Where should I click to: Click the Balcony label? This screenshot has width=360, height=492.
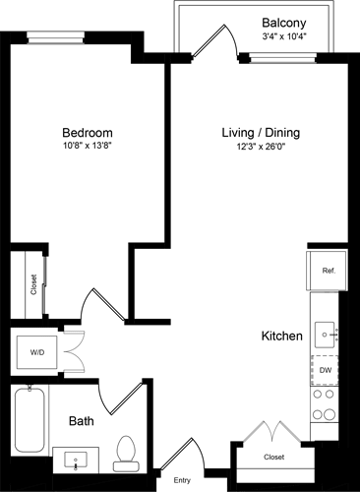pos(287,22)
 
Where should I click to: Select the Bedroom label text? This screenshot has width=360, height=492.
pos(87,133)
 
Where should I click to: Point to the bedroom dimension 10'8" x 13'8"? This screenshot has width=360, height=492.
pos(87,148)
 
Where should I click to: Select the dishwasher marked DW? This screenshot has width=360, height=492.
pos(326,369)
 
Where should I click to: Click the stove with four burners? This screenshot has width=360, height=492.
pos(326,405)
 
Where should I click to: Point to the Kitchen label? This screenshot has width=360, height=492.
pos(280,337)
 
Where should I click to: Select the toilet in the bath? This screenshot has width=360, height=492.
pos(125,453)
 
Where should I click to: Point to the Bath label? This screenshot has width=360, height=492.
pos(81,421)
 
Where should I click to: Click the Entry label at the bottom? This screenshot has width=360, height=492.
pos(183,481)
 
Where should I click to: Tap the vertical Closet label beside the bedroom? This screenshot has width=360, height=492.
pos(34,284)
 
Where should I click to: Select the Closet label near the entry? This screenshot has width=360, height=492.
pos(275,458)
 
